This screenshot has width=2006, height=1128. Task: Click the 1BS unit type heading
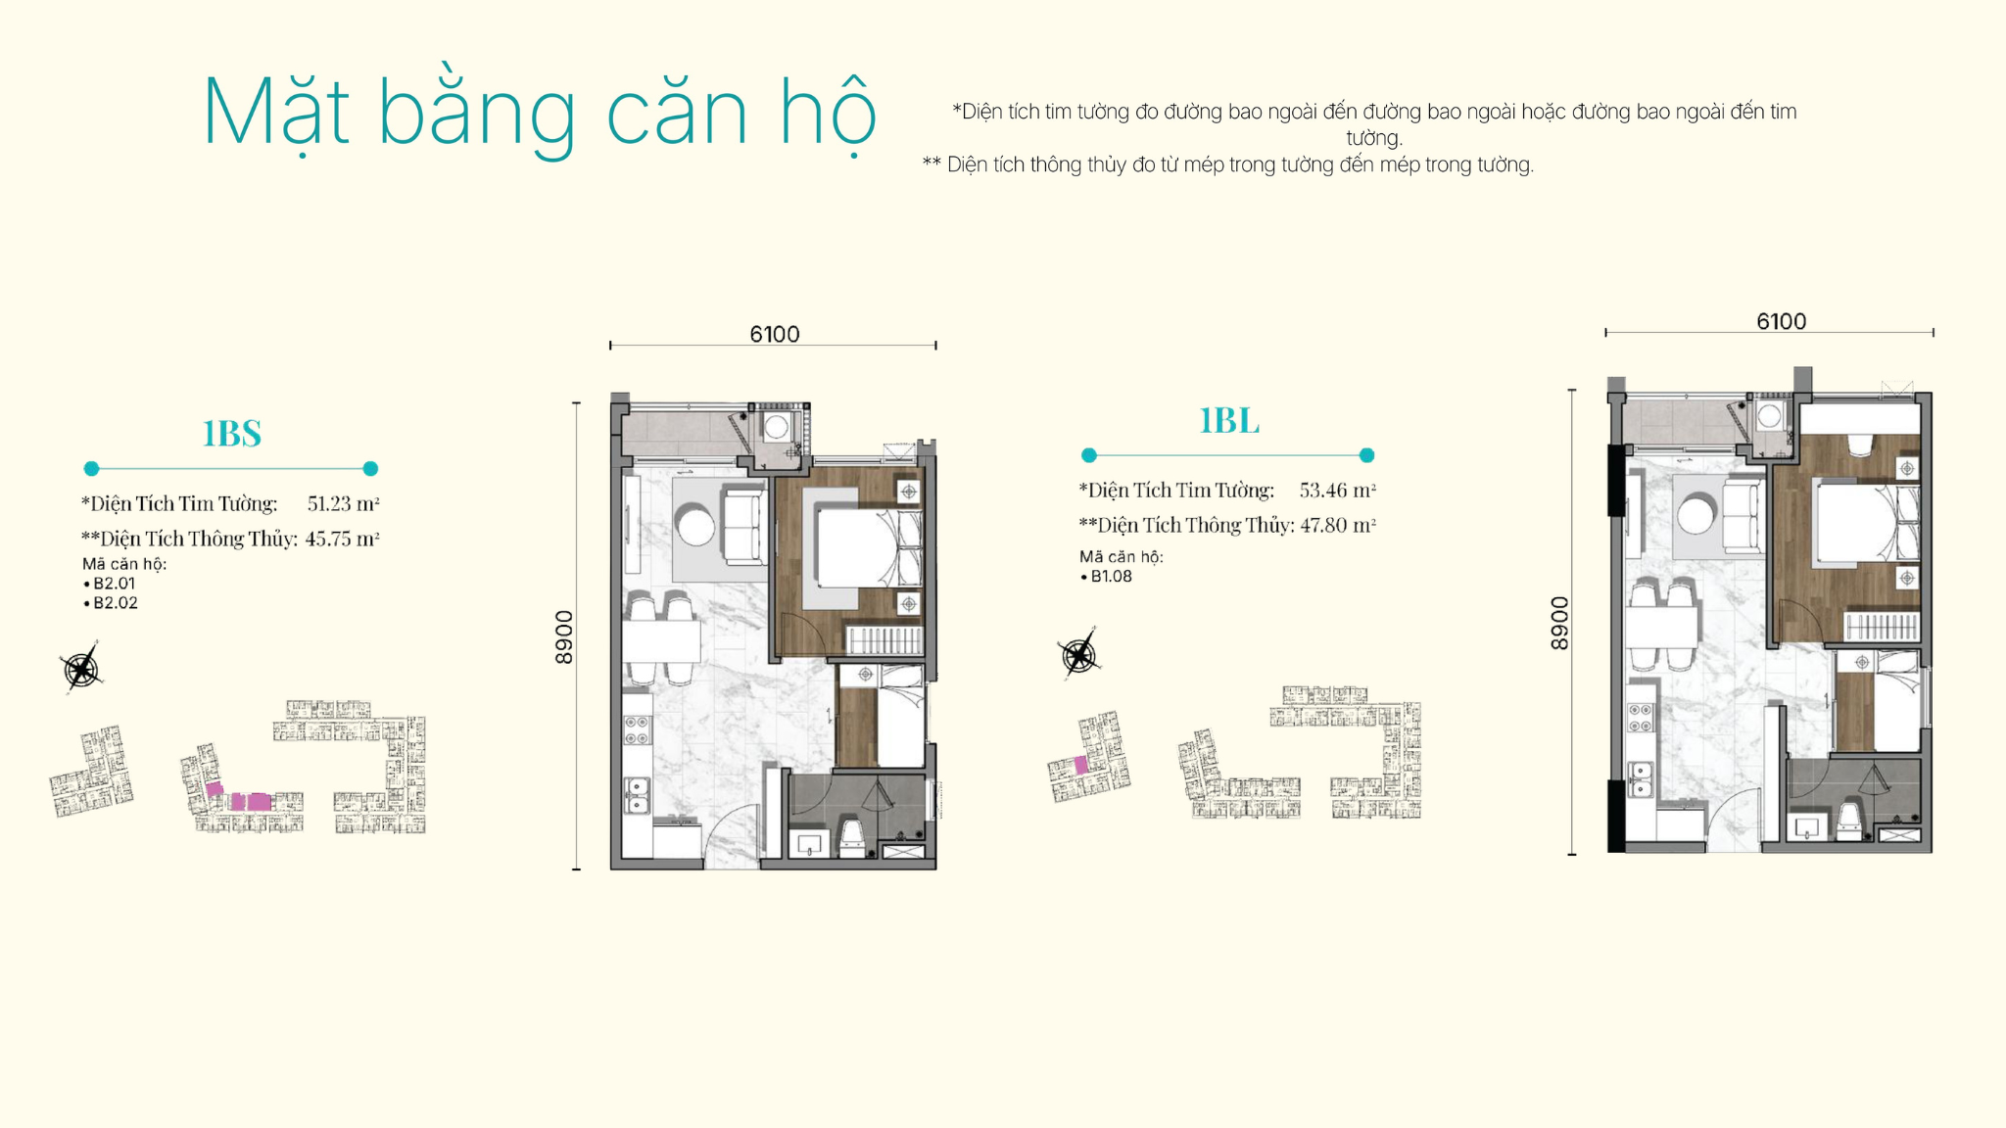pyautogui.click(x=232, y=433)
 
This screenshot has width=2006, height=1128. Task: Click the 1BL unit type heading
pyautogui.click(x=1229, y=420)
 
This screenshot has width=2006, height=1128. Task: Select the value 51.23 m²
pyautogui.click(x=343, y=503)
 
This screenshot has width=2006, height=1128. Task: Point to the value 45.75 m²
pyautogui.click(x=342, y=539)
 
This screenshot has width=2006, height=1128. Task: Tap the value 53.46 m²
pyautogui.click(x=1337, y=490)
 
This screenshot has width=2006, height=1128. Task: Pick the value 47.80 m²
pyautogui.click(x=1337, y=525)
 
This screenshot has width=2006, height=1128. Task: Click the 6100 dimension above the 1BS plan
pyautogui.click(x=775, y=335)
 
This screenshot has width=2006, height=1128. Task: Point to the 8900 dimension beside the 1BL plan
pyautogui.click(x=1559, y=623)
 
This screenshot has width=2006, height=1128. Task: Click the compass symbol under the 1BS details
pyautogui.click(x=81, y=669)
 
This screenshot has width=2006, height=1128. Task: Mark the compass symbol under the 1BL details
pyautogui.click(x=1078, y=654)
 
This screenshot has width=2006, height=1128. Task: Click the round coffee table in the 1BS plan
pyautogui.click(x=695, y=524)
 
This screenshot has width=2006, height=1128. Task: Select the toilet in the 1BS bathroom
pyautogui.click(x=852, y=837)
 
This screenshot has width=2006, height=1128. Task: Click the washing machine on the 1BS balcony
pyautogui.click(x=777, y=427)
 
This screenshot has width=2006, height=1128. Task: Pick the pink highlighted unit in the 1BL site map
pyautogui.click(x=1081, y=765)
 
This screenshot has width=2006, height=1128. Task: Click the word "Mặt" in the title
pyautogui.click(x=275, y=114)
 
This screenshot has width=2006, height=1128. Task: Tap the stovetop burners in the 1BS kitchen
pyautogui.click(x=637, y=729)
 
